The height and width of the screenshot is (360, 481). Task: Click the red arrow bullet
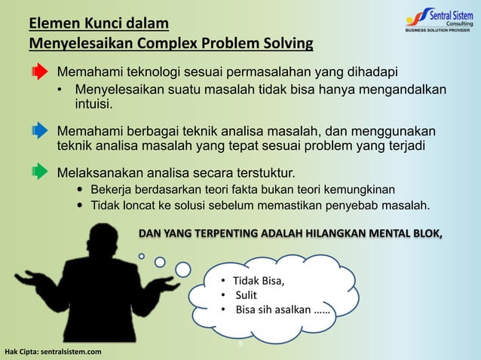[39, 73]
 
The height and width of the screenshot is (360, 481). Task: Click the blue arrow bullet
[39, 131]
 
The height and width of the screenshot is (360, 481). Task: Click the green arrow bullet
[39, 172]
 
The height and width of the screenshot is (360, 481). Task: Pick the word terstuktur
[256, 166]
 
